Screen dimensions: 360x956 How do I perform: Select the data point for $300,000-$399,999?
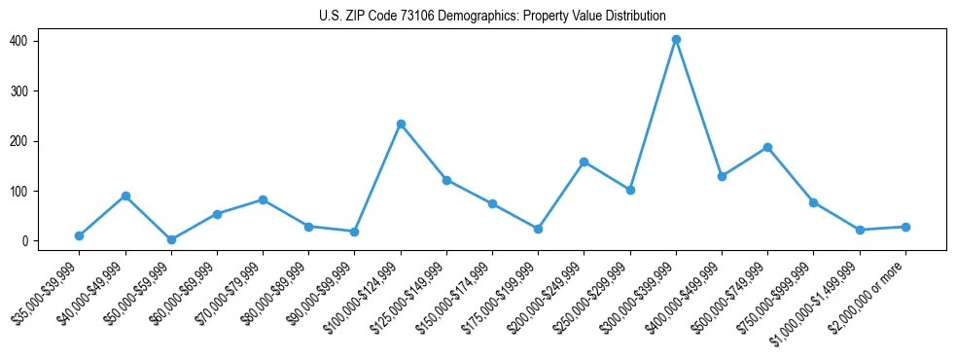point(676,40)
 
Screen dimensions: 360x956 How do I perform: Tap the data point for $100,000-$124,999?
point(401,124)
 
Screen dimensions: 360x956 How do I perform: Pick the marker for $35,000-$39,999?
point(79,235)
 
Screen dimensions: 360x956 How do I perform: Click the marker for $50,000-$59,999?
point(171,239)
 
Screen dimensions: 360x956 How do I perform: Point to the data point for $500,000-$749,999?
point(767,147)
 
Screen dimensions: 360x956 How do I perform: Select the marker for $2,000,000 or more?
point(905,227)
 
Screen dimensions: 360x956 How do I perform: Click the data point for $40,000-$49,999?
point(125,196)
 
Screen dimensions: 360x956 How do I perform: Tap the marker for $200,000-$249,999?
point(584,162)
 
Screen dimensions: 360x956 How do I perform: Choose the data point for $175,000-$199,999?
point(538,229)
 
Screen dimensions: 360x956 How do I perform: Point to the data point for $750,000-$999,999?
point(813,202)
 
